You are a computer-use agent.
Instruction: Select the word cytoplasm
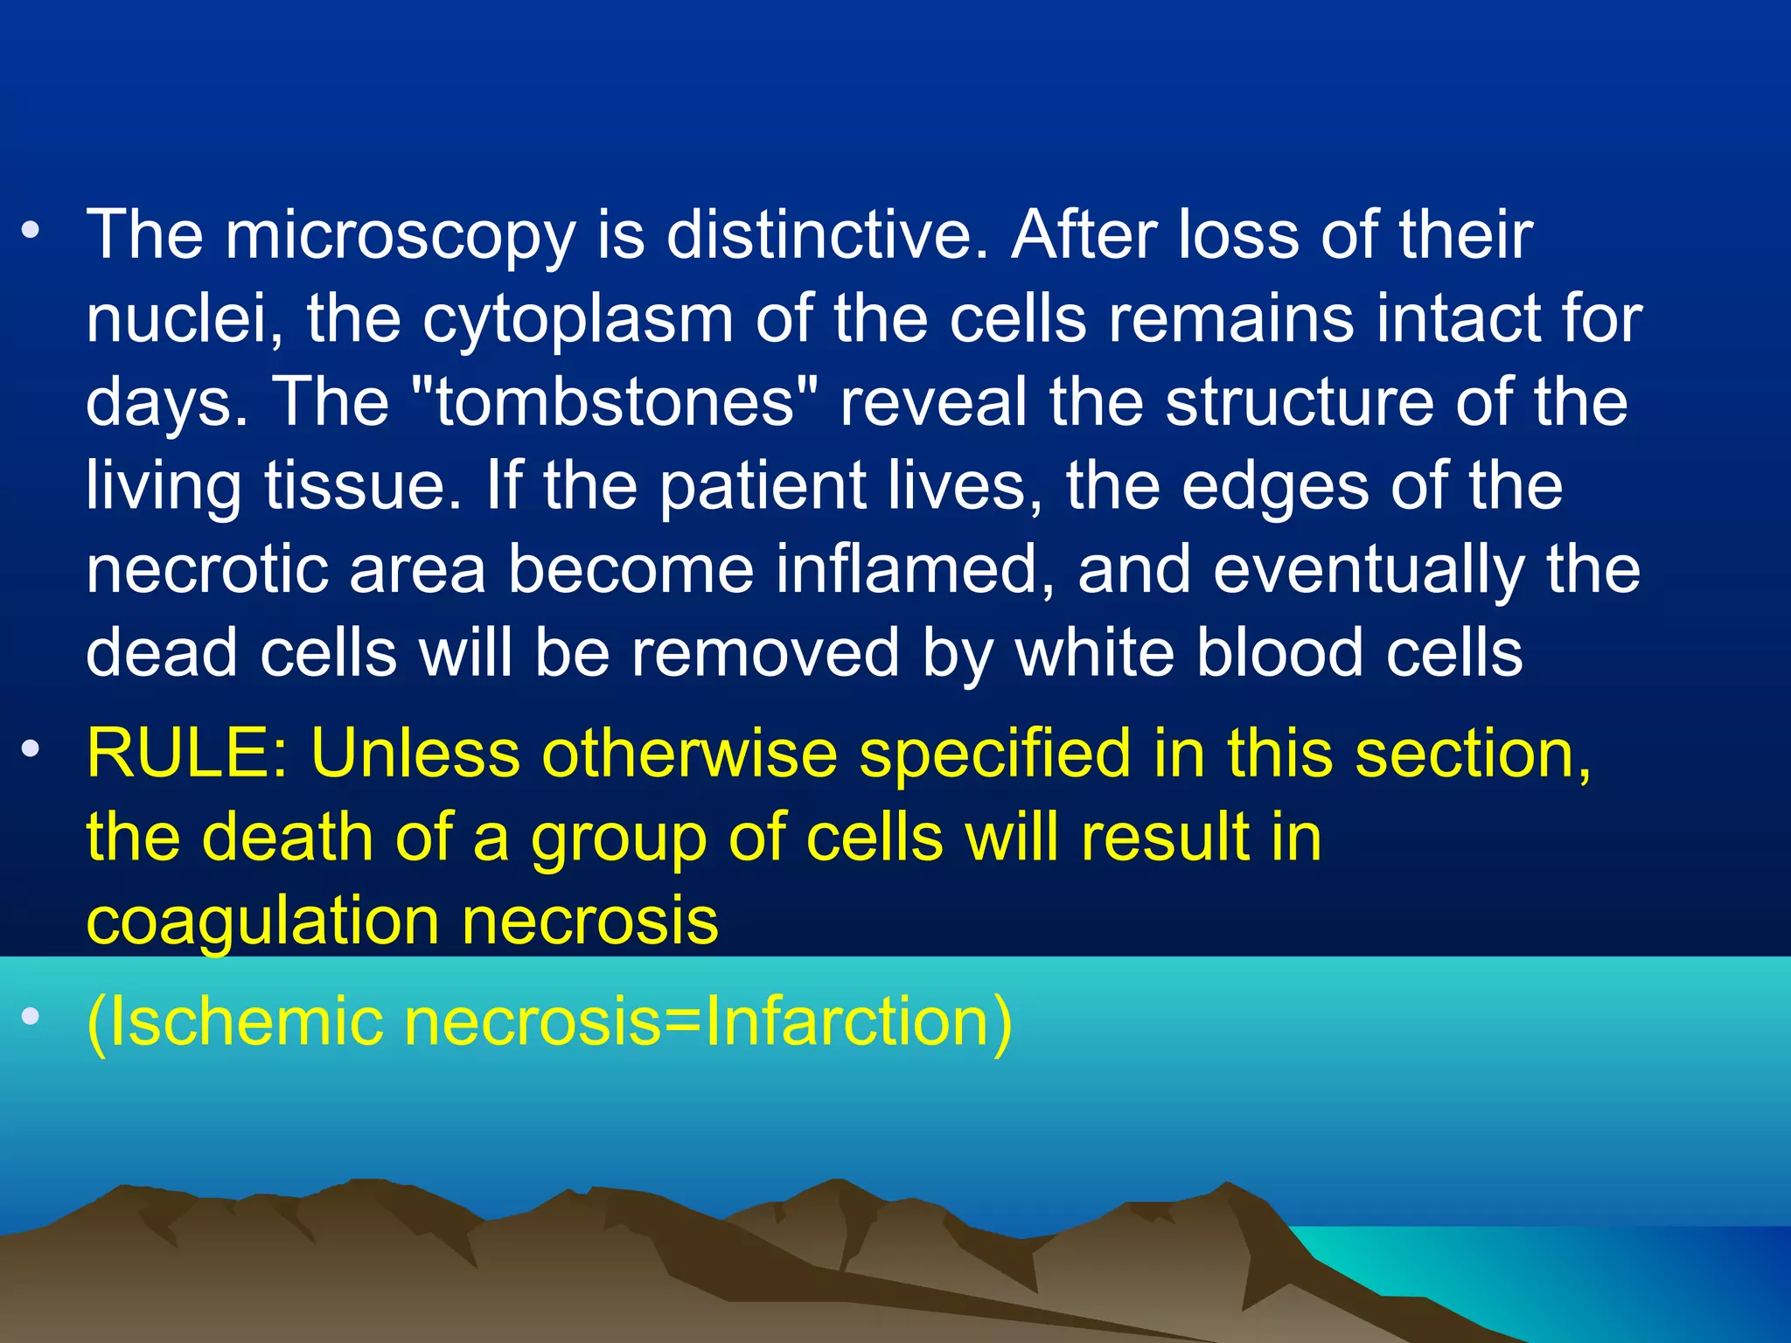point(578,320)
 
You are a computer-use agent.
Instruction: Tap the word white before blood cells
point(1094,653)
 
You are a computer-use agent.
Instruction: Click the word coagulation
point(262,923)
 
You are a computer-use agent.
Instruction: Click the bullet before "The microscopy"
point(31,230)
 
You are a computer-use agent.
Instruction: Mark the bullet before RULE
point(31,748)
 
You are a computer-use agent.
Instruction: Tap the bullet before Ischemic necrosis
point(31,1016)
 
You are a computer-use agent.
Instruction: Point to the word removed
point(765,653)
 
